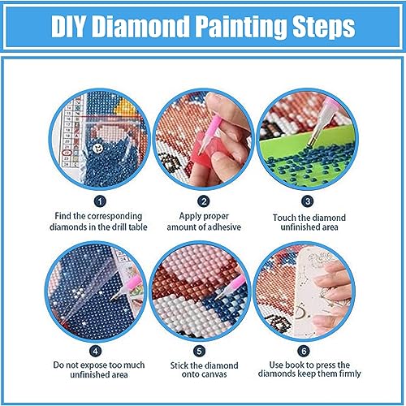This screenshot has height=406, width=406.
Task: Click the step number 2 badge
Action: coord(204,200)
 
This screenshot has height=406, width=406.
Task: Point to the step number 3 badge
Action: coord(308,200)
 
